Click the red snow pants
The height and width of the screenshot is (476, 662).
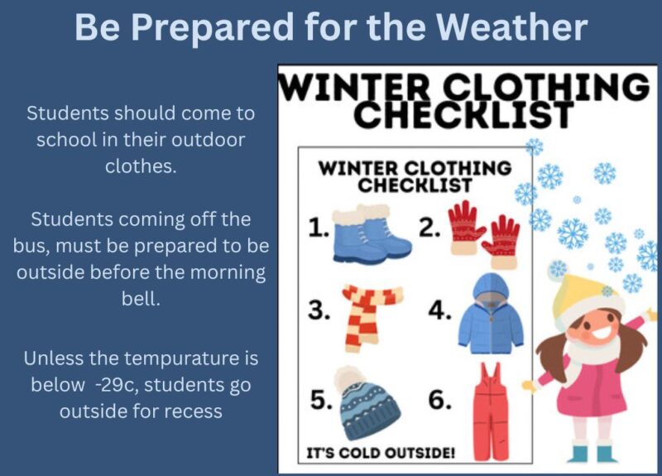tap(491, 405)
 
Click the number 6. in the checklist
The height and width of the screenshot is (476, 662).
tap(440, 401)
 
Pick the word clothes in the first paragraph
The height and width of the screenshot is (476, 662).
tap(139, 165)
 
